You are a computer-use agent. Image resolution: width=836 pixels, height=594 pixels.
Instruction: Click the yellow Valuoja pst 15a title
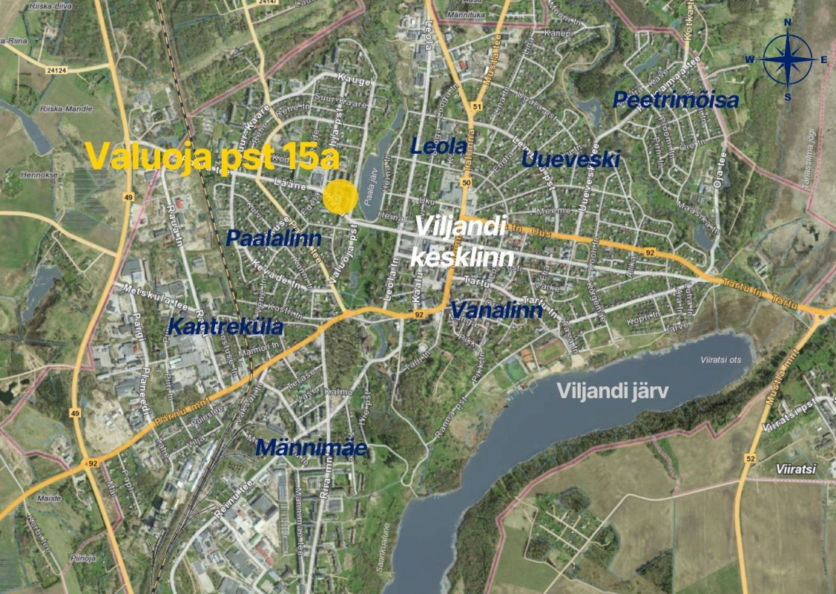[212, 157]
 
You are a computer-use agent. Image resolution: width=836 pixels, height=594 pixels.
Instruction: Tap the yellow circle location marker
[340, 198]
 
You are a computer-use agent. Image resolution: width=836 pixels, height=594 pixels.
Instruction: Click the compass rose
[788, 60]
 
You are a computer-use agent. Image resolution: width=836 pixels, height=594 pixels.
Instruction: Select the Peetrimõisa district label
[676, 100]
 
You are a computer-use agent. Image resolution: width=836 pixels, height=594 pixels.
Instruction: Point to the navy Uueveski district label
[570, 159]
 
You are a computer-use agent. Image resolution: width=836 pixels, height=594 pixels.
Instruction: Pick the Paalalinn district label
[274, 238]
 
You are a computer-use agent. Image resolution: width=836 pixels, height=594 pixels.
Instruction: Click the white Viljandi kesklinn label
[460, 241]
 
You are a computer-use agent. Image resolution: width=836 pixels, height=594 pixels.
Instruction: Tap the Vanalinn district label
[496, 310]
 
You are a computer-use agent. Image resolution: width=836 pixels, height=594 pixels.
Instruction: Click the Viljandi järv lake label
[613, 391]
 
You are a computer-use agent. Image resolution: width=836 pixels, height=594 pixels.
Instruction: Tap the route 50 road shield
[466, 183]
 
